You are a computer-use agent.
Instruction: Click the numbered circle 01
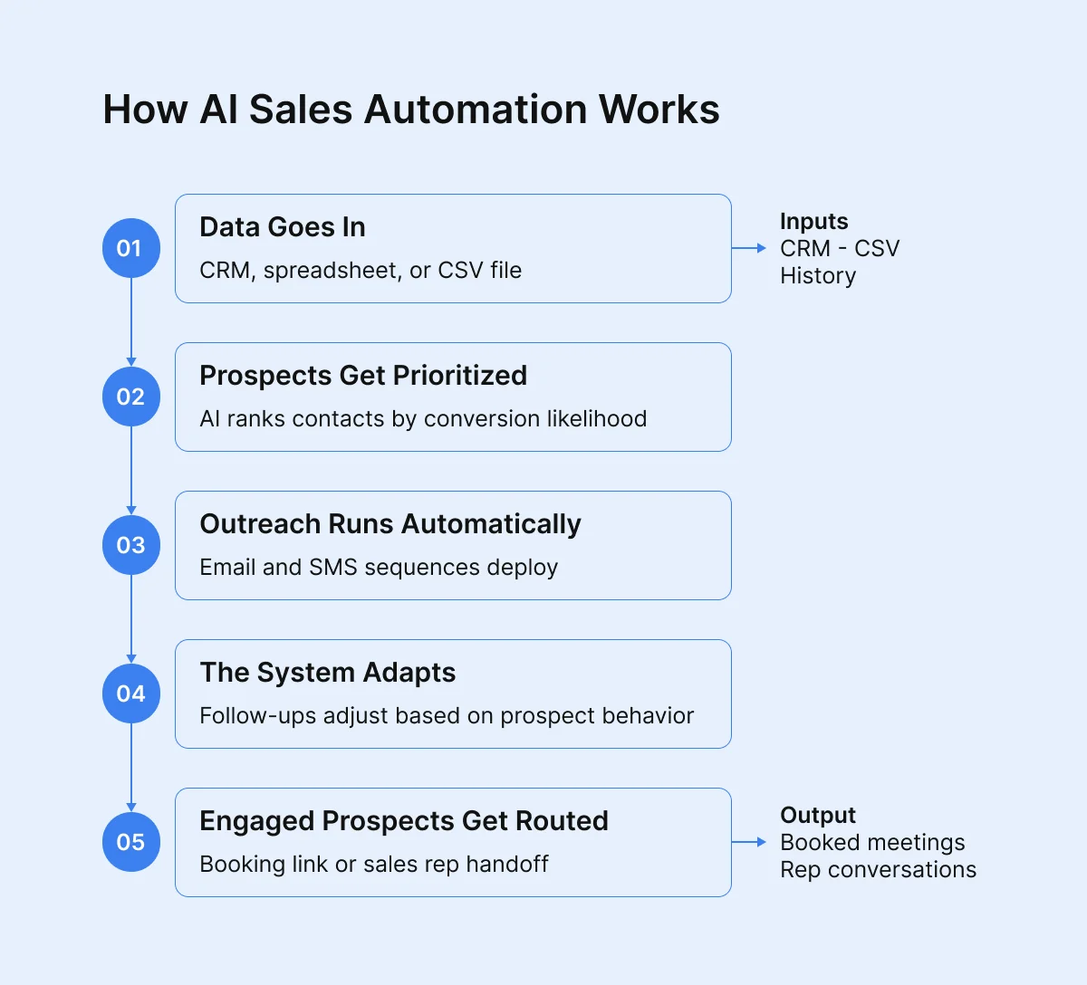pyautogui.click(x=130, y=248)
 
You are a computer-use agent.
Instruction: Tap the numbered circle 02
pyautogui.click(x=130, y=397)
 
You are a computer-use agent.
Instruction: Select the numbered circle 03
pyautogui.click(x=130, y=545)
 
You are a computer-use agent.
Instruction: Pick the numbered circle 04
pyautogui.click(x=130, y=693)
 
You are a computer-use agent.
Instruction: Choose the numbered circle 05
pyautogui.click(x=130, y=842)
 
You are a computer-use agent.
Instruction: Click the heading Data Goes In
pyautogui.click(x=282, y=227)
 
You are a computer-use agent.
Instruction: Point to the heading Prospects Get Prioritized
pyautogui.click(x=362, y=376)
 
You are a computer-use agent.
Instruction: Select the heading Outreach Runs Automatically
pyautogui.click(x=390, y=524)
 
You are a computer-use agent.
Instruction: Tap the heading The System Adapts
pyautogui.click(x=327, y=673)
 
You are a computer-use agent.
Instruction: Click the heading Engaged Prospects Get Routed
pyautogui.click(x=403, y=821)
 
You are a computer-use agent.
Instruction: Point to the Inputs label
pyautogui.click(x=813, y=222)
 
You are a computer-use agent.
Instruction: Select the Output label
pyautogui.click(x=817, y=816)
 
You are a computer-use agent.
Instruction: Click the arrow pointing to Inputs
pyautogui.click(x=749, y=248)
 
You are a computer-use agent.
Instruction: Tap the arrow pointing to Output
pyautogui.click(x=749, y=842)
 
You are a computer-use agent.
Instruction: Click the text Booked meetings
pyautogui.click(x=871, y=843)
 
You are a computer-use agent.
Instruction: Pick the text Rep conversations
pyautogui.click(x=878, y=870)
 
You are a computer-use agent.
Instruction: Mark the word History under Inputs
pyautogui.click(x=817, y=276)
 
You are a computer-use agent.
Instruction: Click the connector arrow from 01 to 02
pyautogui.click(x=131, y=321)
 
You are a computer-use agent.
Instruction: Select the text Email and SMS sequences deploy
pyautogui.click(x=379, y=568)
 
